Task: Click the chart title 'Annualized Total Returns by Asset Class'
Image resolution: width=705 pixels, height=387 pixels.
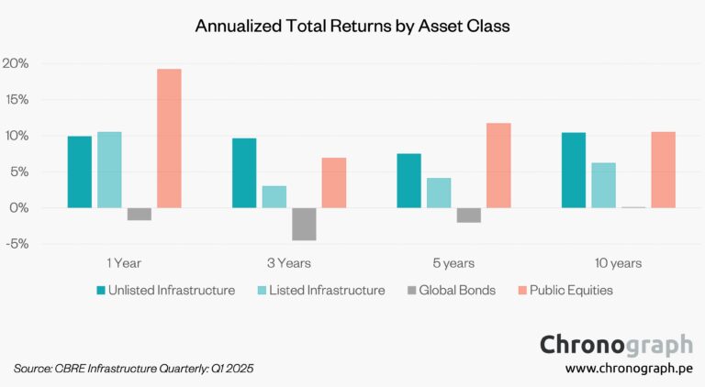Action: click(352, 27)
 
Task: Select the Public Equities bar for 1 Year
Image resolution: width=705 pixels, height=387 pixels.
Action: click(169, 138)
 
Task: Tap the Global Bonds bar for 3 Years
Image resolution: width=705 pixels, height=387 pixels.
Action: click(304, 224)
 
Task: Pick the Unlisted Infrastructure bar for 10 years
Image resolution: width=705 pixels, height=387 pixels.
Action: click(573, 171)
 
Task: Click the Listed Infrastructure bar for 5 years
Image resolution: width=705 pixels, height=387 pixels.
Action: click(439, 193)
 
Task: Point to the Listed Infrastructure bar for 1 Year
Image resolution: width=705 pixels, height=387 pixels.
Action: click(109, 170)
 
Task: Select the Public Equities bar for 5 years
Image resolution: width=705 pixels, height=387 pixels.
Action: click(498, 165)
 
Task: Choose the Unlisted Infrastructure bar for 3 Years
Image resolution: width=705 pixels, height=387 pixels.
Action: click(244, 173)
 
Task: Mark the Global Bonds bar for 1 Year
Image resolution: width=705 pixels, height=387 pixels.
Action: click(140, 214)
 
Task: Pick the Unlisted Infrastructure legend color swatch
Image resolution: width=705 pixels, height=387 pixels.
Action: click(102, 291)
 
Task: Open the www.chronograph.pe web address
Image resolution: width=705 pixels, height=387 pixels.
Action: click(629, 369)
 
